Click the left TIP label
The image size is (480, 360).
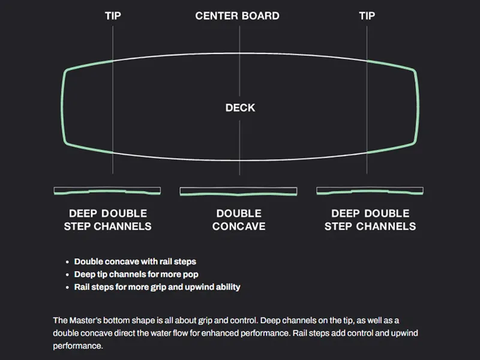click(113, 16)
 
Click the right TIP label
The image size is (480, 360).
click(367, 16)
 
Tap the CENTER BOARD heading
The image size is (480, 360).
click(238, 16)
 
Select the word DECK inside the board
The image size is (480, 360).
click(240, 108)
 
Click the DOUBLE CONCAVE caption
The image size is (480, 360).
click(239, 220)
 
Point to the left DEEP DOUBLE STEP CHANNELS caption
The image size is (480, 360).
click(108, 220)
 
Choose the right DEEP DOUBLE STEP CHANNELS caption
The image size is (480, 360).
click(370, 220)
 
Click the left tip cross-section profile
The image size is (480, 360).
click(107, 191)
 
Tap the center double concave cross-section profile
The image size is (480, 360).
click(239, 192)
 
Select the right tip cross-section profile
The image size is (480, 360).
click(370, 191)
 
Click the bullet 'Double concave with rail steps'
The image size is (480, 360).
click(135, 262)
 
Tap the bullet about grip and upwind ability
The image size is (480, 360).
click(157, 287)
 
